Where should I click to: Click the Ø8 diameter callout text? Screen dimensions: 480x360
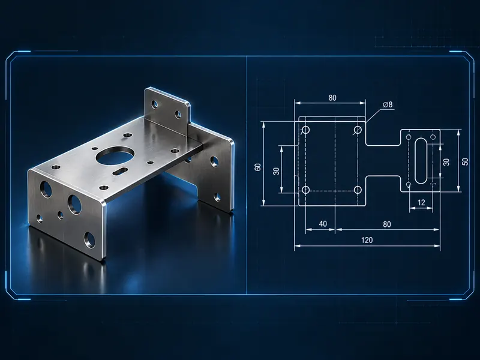click(387, 104)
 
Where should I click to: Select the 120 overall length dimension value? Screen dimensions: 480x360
click(367, 240)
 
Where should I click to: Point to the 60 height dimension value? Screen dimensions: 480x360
click(258, 167)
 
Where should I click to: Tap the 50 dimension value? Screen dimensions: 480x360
click(465, 161)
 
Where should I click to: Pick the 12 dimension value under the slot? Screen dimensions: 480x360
click(421, 202)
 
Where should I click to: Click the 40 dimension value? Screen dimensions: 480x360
click(323, 224)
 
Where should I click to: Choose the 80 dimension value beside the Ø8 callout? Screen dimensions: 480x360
click(332, 98)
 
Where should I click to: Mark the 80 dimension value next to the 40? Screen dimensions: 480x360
click(387, 224)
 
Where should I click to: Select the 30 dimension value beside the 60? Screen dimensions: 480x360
click(276, 171)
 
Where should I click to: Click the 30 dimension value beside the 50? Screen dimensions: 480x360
click(446, 162)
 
